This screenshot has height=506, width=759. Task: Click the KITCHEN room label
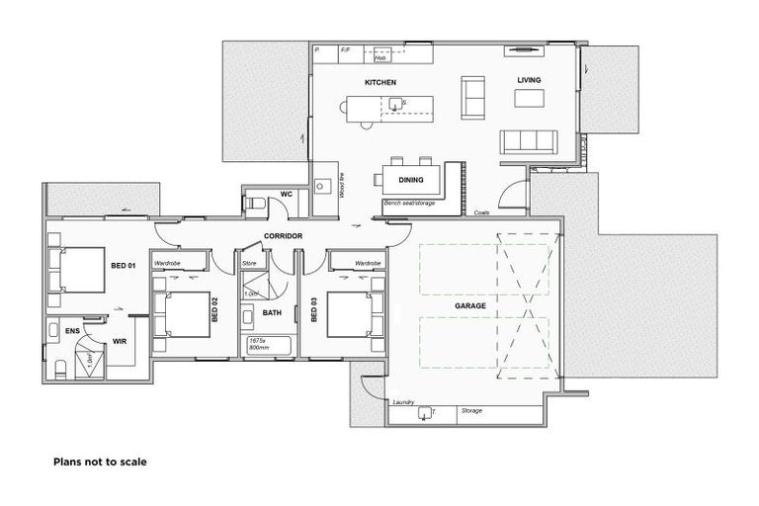pyautogui.click(x=380, y=82)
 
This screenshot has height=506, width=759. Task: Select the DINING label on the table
pyautogui.click(x=411, y=180)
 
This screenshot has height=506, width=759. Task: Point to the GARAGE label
pyautogui.click(x=469, y=306)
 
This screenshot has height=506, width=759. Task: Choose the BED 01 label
pyautogui.click(x=123, y=266)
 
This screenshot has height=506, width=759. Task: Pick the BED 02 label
pyautogui.click(x=213, y=314)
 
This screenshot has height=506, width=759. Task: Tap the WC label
pyautogui.click(x=286, y=194)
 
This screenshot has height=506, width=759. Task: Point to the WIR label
pyautogui.click(x=120, y=341)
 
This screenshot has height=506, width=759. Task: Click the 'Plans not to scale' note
pyautogui.click(x=100, y=461)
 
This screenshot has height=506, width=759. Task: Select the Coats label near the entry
pyautogui.click(x=481, y=212)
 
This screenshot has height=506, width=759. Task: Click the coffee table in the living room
pyautogui.click(x=530, y=98)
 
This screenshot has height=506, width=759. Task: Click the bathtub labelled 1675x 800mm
pyautogui.click(x=268, y=344)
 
